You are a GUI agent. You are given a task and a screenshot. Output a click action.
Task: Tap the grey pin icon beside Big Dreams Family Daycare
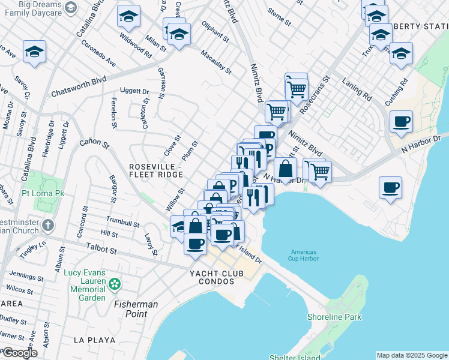coord(71,7)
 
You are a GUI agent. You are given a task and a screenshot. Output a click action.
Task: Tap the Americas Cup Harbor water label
coord(304,256)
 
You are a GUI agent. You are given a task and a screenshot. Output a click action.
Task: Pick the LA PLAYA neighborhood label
coord(94,340)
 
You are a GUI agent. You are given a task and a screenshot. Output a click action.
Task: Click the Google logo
coord(19,353)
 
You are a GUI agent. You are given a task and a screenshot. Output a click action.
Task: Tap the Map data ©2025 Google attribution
coord(412,355)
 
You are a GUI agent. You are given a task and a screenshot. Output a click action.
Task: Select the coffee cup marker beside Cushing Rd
coord(401,122)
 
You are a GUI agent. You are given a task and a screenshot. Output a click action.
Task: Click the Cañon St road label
coord(94,144)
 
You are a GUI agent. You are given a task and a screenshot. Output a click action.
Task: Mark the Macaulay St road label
coord(215,62)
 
